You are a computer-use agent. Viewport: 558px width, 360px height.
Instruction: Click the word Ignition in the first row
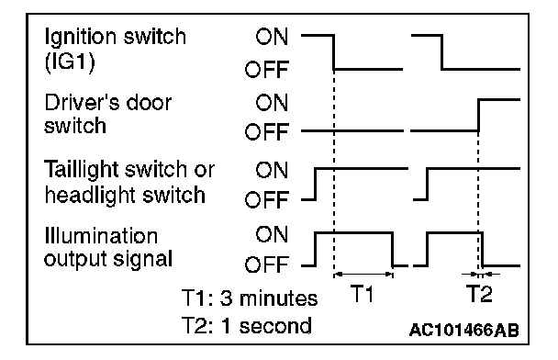pos(80,38)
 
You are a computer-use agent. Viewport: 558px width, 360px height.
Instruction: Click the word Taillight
pos(81,171)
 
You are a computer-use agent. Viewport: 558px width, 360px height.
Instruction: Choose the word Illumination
pos(101,236)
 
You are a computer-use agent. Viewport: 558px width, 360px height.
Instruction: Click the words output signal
pos(108,260)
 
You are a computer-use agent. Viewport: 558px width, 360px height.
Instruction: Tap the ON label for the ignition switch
pos(272,37)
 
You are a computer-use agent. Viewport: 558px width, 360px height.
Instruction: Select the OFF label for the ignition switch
pos(266,70)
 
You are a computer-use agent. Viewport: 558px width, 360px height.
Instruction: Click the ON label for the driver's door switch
pos(272,103)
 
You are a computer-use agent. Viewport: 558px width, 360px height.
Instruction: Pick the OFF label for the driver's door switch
pos(266,131)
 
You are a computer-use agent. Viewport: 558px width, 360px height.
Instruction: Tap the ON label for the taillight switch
pos(272,170)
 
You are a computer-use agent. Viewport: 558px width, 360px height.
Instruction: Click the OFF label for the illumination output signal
pos(266,264)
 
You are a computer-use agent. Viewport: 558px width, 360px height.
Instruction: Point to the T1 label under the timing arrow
pos(363,294)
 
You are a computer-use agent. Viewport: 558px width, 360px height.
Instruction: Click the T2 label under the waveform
pos(479,294)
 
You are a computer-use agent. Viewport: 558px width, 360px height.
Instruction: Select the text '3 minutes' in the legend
pos(269,298)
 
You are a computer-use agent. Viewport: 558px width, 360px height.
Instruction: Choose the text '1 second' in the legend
pos(266,326)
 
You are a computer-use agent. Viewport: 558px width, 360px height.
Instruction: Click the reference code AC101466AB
pos(464,330)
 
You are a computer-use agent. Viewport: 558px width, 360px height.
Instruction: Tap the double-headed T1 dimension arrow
pos(363,275)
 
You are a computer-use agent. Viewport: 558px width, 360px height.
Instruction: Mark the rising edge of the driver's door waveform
pos(478,116)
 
